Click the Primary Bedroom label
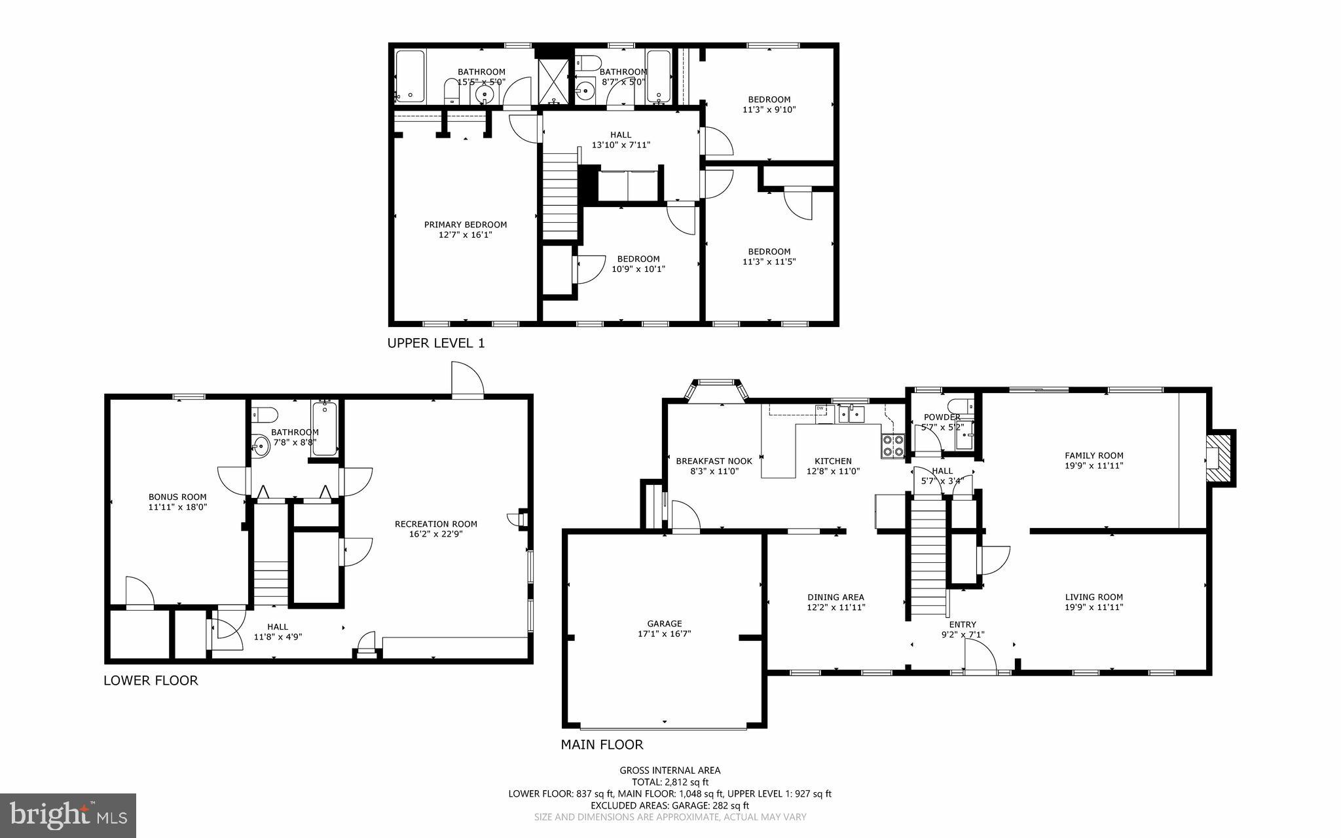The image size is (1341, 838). (x=465, y=225)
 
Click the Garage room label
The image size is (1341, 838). (x=665, y=624)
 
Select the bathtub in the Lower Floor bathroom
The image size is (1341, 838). (x=325, y=429)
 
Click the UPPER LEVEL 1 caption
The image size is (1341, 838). (x=436, y=343)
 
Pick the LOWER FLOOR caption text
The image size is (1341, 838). (x=151, y=680)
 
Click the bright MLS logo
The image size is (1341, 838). (x=68, y=814)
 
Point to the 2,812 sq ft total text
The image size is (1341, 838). (x=670, y=782)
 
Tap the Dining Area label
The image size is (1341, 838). (x=836, y=597)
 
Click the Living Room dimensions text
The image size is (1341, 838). (x=1093, y=607)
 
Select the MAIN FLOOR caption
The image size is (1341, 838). (x=602, y=744)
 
